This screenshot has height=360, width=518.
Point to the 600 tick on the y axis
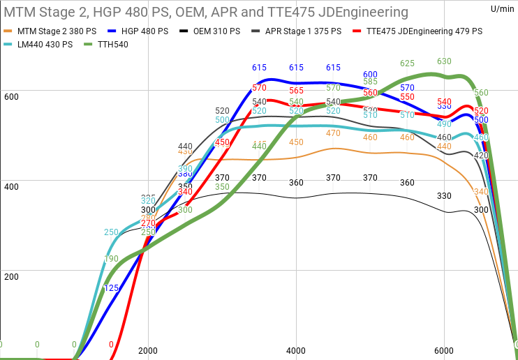(x=10, y=97)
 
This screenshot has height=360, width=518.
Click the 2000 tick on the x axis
(x=148, y=351)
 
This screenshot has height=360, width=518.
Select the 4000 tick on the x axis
(x=296, y=351)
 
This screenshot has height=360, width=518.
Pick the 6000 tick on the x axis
(x=444, y=351)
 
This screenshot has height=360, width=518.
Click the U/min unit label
(x=501, y=8)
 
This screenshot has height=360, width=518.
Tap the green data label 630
(x=444, y=61)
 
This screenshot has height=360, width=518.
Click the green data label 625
(x=407, y=63)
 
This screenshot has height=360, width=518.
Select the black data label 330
(x=444, y=196)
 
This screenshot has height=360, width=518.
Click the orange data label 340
(x=481, y=192)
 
